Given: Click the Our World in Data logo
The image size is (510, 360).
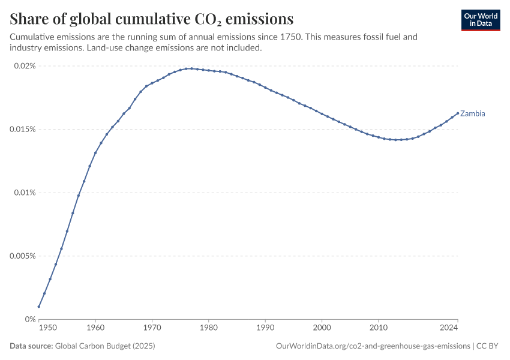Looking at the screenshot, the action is [481, 20].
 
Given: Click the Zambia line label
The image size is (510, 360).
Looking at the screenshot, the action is [472, 113].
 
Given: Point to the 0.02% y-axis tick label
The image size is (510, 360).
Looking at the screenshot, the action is [25, 66].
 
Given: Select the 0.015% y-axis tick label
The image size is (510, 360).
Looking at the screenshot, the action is [23, 130].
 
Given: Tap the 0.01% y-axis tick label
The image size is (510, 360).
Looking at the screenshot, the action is [25, 193].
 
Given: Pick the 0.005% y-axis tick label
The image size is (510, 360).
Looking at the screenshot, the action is [23, 256].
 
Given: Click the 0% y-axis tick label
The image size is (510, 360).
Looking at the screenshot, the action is [30, 319].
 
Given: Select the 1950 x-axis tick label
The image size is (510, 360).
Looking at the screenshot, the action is [48, 328].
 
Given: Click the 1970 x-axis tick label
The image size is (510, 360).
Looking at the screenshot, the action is [152, 328].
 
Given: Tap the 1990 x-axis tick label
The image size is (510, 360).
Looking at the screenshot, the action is [265, 328].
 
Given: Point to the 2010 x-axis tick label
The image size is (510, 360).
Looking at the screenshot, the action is [379, 328].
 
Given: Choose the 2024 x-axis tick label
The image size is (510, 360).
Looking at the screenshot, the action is [449, 328].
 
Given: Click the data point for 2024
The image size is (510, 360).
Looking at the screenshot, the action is [458, 113].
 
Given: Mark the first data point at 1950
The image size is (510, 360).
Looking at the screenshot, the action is [39, 307].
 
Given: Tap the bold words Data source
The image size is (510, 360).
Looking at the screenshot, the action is [31, 346].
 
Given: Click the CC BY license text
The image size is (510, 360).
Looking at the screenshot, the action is [487, 346].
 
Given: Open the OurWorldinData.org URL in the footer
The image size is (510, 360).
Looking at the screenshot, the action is [373, 346].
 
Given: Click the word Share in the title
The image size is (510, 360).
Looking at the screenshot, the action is [29, 19].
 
